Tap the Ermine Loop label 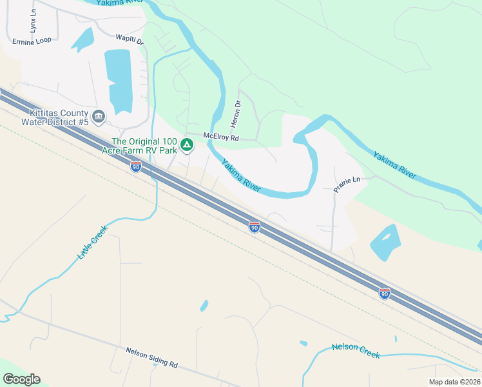point(31,41)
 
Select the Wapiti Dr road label point(129,40)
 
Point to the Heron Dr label point(238,112)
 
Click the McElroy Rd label point(221,137)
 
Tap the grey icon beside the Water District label point(99,117)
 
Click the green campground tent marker point(187,144)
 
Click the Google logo point(21,379)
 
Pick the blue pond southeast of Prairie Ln point(385,243)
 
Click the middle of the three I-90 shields point(255,227)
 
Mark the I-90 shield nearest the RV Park point(135,167)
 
